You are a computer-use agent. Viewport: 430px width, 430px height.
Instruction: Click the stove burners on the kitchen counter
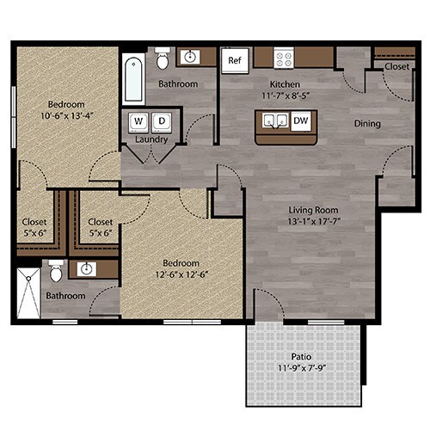pos(284,58)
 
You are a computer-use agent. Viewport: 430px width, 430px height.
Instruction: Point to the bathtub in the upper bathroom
pos(132,78)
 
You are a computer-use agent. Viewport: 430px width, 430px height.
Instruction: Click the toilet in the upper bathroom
pos(163,58)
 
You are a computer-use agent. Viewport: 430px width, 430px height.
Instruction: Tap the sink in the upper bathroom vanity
pos(190,58)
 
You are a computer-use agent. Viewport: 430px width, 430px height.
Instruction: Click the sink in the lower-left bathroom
pos(85,269)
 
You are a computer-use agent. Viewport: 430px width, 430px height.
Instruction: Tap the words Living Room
pos(312,210)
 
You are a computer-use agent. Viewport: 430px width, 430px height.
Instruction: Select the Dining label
pos(367,123)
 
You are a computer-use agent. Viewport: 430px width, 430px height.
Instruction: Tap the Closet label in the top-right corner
pos(396,65)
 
